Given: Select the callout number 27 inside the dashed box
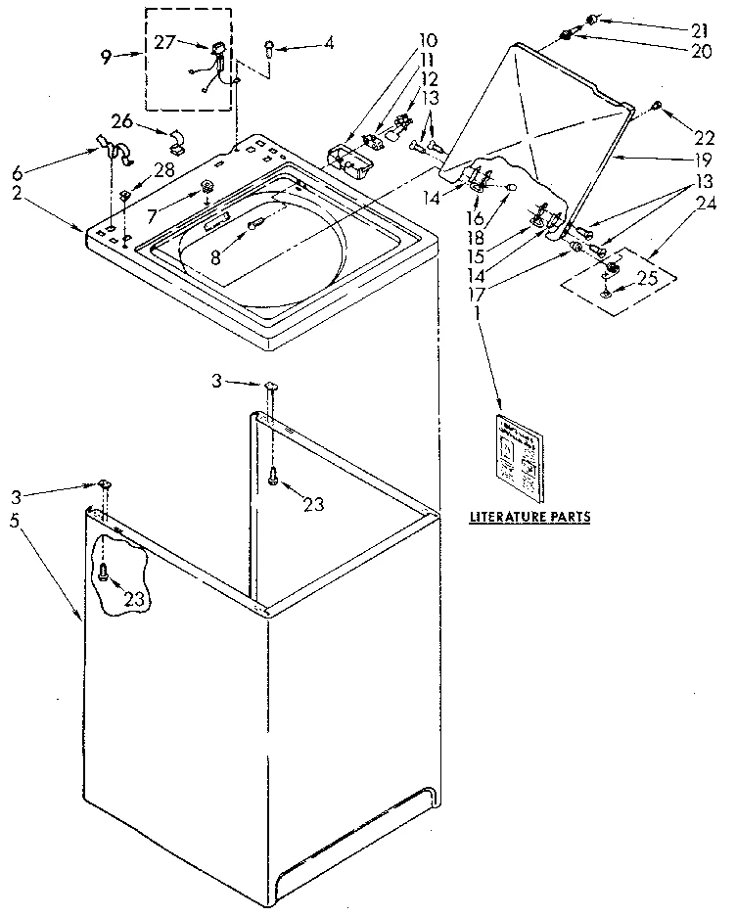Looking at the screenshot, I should [x=165, y=43].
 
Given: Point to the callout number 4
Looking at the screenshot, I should [x=329, y=43].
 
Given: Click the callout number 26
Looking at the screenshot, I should [x=121, y=121].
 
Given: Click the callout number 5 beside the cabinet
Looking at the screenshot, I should [x=15, y=522].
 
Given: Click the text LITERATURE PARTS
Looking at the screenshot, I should [x=529, y=516].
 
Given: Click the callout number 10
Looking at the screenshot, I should [x=427, y=41].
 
